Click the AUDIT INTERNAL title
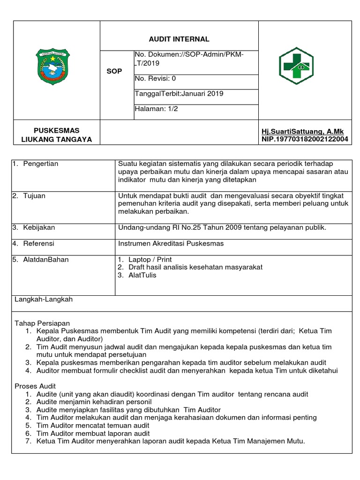pyautogui.click(x=179, y=39)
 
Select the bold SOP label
pyautogui.click(x=114, y=71)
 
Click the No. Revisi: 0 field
pyautogui.click(x=155, y=79)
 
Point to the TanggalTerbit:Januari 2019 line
pyautogui.click(x=172, y=93)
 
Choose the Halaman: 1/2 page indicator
pyautogui.click(x=156, y=108)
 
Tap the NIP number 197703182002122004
pyautogui.click(x=304, y=139)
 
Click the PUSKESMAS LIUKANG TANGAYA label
pyautogui.click(x=57, y=135)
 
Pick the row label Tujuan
pyautogui.click(x=34, y=195)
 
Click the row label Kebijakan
pyautogui.click(x=38, y=227)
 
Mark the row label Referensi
pyautogui.click(x=38, y=243)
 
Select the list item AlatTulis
pyautogui.click(x=142, y=275)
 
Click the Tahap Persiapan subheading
pyautogui.click(x=42, y=323)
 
